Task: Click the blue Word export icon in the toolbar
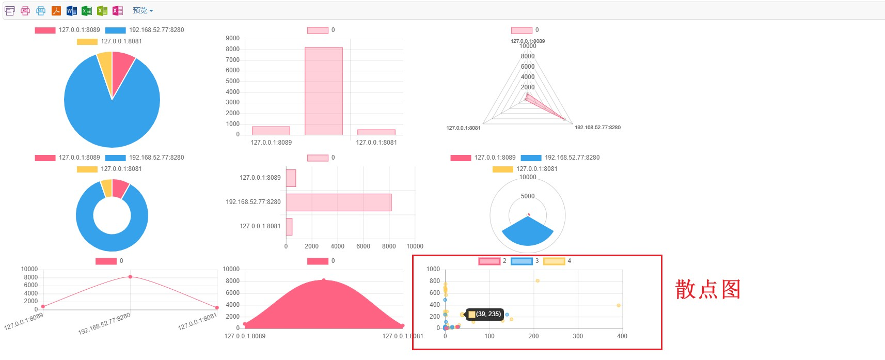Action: pos(72,10)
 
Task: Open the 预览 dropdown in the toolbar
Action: pos(143,10)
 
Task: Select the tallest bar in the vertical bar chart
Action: pos(323,91)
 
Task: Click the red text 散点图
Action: pos(708,289)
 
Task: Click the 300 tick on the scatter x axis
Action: pos(578,336)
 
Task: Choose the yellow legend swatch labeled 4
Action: pos(554,261)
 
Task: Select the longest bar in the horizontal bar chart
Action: pos(338,202)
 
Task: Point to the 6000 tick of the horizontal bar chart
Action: pos(363,246)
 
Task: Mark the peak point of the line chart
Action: pos(130,277)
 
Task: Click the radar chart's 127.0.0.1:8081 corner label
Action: pos(463,128)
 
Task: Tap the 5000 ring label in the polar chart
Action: pos(528,196)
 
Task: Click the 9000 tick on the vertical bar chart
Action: pos(233,38)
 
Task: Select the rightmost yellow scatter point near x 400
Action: pos(619,305)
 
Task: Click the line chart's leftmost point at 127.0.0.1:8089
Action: pos(43,307)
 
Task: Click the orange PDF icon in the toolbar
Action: pos(56,10)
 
